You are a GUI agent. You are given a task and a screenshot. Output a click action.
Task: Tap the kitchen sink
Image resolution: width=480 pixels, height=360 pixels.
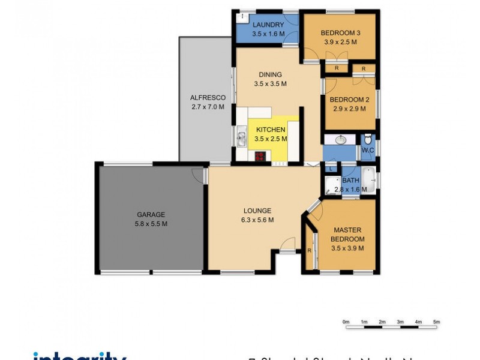tap(241, 139)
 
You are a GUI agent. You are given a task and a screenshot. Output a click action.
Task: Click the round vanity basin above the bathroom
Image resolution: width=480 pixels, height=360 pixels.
tap(340, 140)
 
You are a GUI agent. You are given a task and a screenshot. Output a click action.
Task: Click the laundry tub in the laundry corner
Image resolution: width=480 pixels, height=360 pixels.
tap(242, 17)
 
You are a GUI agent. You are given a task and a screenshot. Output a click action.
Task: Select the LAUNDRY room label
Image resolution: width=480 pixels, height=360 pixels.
tap(268, 25)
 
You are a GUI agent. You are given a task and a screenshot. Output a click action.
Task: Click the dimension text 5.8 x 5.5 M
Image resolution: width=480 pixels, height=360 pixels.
tap(151, 224)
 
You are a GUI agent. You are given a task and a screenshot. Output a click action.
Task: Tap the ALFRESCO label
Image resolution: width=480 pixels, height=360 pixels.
tap(207, 98)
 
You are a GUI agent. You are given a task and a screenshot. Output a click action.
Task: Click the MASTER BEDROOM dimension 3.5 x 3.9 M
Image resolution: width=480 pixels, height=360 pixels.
tap(348, 248)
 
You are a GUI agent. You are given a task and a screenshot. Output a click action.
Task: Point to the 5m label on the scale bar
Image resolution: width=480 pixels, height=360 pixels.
tap(437, 322)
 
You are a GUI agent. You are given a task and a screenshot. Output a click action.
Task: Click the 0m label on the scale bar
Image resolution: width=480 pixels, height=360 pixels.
tap(346, 322)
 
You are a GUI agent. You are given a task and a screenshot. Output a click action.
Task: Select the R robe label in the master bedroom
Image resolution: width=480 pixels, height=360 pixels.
tap(309, 250)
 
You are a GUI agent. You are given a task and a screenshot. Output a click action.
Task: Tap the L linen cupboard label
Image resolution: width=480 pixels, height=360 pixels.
tap(331, 169)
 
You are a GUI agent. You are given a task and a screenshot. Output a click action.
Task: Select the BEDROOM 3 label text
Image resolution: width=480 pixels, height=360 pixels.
tap(340, 33)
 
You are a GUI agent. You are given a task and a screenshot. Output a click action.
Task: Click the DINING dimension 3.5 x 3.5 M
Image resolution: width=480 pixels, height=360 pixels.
tap(270, 84)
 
